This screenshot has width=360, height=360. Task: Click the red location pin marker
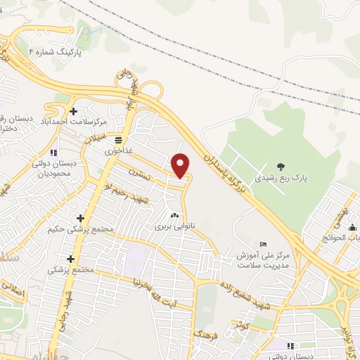(x=181, y=165)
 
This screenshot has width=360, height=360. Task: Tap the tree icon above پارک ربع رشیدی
(x=281, y=167)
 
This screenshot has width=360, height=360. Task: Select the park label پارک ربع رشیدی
(x=281, y=178)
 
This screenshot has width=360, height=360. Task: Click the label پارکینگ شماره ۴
(x=56, y=53)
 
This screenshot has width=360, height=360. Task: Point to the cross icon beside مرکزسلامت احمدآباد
(x=74, y=110)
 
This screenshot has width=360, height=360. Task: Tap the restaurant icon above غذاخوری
(x=118, y=139)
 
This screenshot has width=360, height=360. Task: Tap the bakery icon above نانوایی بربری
(x=174, y=215)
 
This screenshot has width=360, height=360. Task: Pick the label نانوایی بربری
(x=173, y=227)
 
